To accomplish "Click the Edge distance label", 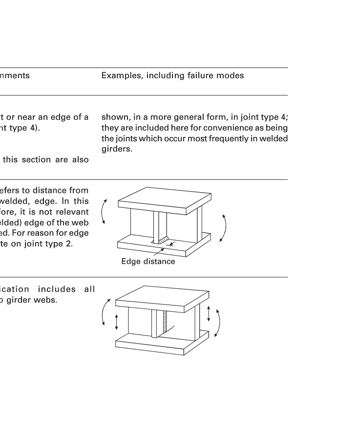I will click(x=148, y=262).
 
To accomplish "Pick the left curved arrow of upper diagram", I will click(x=104, y=213).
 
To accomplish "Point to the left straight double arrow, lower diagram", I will click(x=116, y=322).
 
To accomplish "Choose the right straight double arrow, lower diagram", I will click(x=209, y=313).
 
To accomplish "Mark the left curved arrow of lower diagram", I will click(x=105, y=312).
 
